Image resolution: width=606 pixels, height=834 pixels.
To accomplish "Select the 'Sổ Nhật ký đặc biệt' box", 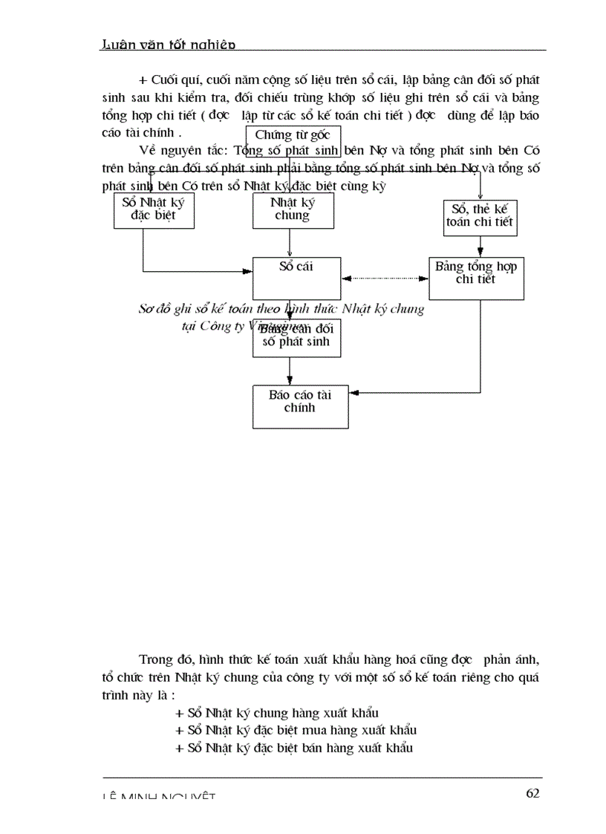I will click(154, 210).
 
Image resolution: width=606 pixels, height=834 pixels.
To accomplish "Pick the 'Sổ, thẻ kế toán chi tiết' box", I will click(480, 218).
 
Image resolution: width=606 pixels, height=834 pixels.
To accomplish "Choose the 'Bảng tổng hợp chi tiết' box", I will click(477, 278).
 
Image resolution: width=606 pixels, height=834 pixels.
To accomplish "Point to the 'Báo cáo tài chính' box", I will click(300, 406).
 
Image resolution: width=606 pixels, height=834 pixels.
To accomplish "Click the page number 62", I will click(532, 793).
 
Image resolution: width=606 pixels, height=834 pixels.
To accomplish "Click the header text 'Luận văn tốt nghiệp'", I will click(168, 45).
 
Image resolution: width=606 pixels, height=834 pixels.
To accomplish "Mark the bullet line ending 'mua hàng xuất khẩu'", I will click(295, 729).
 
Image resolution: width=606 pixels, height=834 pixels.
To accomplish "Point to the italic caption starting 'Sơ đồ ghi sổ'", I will click(281, 309).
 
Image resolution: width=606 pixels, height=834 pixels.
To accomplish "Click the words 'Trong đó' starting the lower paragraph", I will click(160, 659).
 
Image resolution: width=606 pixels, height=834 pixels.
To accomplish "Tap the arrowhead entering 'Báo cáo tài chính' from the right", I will click(353, 392).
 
